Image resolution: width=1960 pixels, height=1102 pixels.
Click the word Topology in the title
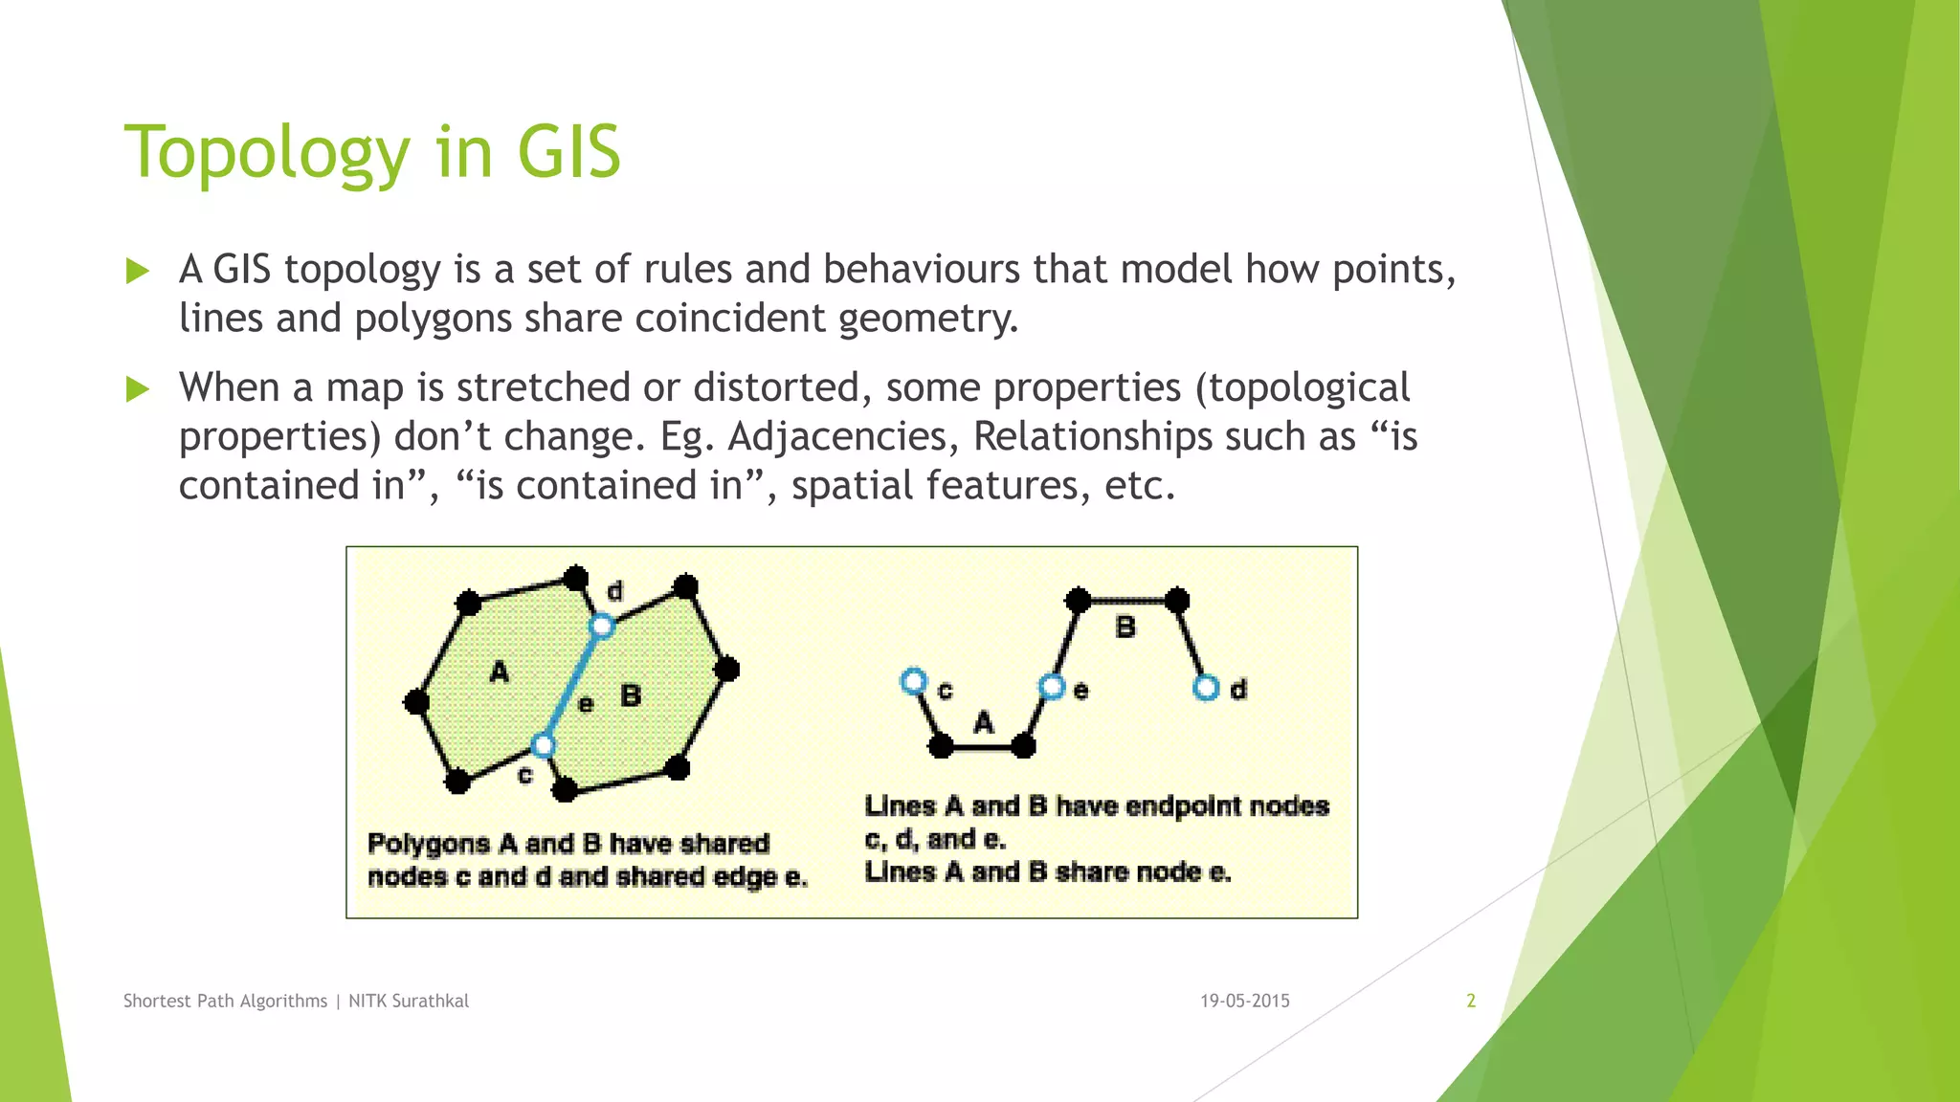(267, 153)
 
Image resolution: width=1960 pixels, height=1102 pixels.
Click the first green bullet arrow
(138, 271)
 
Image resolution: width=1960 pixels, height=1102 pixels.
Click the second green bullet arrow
(138, 389)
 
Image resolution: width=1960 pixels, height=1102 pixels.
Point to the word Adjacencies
(843, 437)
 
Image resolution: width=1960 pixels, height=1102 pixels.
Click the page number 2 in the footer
(1471, 1001)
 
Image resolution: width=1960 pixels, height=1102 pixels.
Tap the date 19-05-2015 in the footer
(1245, 1001)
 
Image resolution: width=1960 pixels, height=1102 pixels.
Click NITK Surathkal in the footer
(409, 1001)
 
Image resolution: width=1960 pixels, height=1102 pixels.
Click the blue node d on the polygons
(601, 627)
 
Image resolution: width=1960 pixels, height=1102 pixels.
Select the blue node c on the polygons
(543, 745)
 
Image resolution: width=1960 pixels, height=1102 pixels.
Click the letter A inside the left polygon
(499, 672)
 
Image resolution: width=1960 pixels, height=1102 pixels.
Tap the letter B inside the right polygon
(630, 694)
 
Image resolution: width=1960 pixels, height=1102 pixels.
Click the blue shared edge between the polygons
(572, 685)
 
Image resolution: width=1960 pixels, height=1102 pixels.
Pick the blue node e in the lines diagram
(1052, 687)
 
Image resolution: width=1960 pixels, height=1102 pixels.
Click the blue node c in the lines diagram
(914, 681)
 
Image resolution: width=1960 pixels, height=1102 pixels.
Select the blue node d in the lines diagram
(1206, 688)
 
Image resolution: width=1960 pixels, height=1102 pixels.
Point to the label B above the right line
(1125, 628)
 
